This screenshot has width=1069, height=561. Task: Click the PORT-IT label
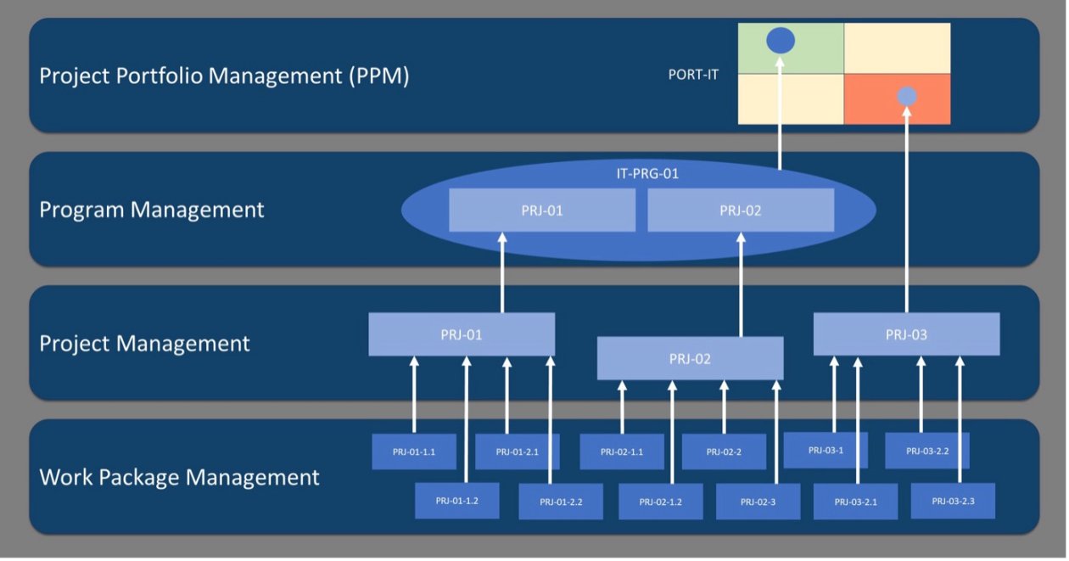click(693, 75)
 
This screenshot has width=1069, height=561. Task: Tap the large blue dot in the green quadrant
click(781, 40)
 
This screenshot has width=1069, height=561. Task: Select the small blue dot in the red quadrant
click(907, 97)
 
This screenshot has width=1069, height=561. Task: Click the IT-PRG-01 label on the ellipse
click(647, 174)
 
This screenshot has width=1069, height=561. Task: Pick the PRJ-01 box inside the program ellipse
click(542, 210)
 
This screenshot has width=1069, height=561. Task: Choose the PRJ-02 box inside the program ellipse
click(741, 210)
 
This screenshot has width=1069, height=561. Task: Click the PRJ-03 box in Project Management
click(906, 334)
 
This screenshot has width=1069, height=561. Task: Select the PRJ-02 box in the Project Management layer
click(691, 358)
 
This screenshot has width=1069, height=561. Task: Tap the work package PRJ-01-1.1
click(414, 452)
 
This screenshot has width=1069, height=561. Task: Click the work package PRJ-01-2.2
click(561, 502)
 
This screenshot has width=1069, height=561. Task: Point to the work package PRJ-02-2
click(724, 452)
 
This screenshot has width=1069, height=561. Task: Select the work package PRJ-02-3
click(758, 502)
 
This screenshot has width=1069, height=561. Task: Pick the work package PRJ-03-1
click(826, 450)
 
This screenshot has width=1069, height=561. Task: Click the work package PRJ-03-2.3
click(953, 501)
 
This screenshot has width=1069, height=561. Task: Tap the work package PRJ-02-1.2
click(661, 502)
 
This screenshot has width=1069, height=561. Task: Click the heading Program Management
click(152, 210)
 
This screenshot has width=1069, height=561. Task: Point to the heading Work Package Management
click(179, 477)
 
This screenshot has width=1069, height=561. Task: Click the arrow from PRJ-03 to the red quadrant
click(907, 212)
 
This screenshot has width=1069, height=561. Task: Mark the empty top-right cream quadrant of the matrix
click(897, 48)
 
